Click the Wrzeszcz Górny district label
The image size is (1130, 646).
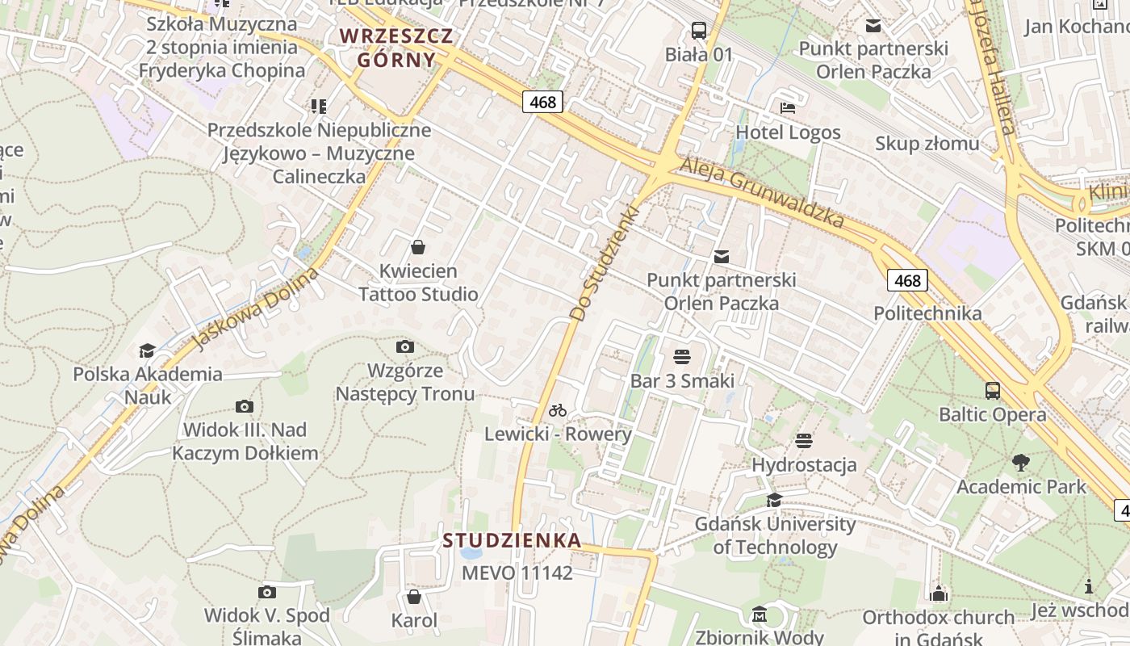396,48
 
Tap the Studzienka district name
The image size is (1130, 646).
512,540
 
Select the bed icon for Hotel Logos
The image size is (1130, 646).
788,108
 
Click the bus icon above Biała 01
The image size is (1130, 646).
699,31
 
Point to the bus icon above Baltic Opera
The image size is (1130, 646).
993,391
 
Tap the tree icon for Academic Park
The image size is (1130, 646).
1021,463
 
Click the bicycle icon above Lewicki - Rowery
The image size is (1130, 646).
558,410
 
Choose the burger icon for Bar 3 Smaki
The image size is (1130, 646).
682,357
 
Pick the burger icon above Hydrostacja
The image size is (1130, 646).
803,441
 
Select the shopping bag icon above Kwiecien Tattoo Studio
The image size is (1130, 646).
418,247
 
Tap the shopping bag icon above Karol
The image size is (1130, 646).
414,597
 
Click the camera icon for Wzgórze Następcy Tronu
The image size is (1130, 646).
405,347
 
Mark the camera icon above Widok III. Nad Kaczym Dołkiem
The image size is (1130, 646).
245,406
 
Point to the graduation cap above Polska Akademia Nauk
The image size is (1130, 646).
147,350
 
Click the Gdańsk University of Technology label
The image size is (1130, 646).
775,535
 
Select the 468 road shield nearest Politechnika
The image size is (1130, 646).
908,280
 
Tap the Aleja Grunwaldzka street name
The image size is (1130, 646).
762,192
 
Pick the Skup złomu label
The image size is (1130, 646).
927,144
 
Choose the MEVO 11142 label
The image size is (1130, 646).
517,573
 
